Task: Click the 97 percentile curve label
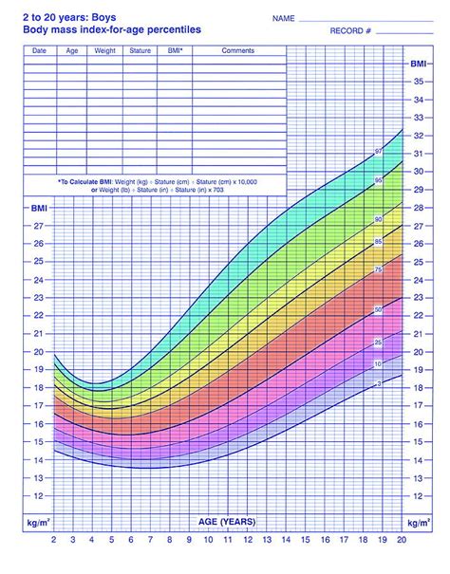(x=378, y=153)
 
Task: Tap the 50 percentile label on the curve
(x=378, y=309)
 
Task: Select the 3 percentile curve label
(x=378, y=383)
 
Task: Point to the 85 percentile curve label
(x=378, y=243)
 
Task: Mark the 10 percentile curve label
(x=378, y=363)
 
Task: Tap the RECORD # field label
(x=320, y=32)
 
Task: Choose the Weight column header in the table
(x=104, y=49)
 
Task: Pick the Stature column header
(x=140, y=49)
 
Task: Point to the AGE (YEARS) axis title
(x=225, y=523)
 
